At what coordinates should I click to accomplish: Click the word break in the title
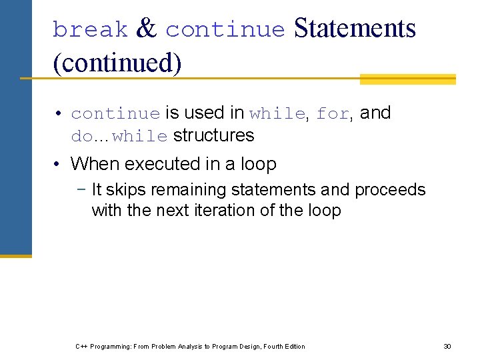[90, 29]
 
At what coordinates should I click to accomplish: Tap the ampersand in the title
[146, 29]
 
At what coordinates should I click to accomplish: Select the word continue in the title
[225, 29]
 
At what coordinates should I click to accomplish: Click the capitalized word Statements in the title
[355, 29]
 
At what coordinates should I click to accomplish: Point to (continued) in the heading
[117, 63]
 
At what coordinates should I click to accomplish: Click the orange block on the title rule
[407, 79]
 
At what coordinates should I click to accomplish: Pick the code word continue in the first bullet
[115, 114]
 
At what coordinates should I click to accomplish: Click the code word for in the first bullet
[333, 114]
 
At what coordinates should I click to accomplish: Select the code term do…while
[119, 137]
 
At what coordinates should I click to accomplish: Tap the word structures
[213, 135]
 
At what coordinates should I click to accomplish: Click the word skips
[127, 190]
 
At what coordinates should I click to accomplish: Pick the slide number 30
[447, 346]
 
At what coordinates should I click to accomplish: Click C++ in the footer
[81, 346]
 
